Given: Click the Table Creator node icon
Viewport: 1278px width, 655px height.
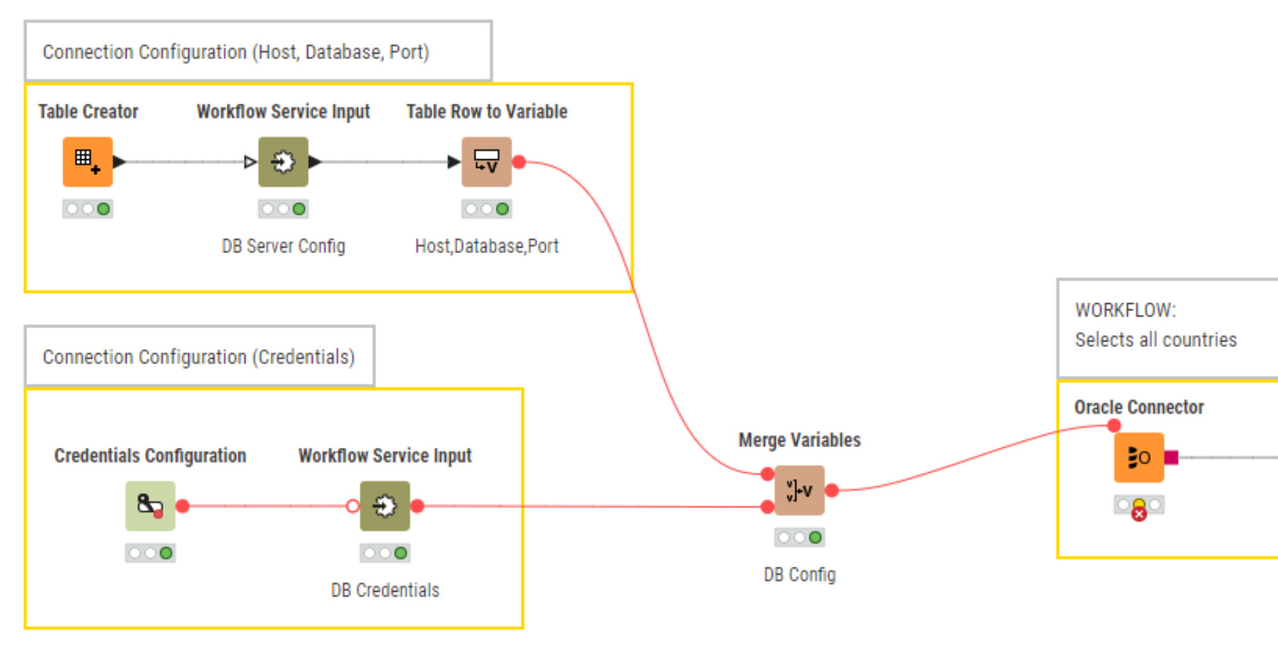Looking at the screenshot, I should [88, 162].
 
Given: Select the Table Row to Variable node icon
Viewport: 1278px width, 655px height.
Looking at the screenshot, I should [487, 162].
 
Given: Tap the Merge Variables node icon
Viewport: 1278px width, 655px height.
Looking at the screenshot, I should [799, 490].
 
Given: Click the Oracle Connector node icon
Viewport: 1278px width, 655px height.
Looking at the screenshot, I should [1138, 458].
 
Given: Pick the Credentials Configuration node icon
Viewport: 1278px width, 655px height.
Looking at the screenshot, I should [150, 506].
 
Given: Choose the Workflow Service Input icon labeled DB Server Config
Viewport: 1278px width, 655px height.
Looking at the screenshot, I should [283, 162].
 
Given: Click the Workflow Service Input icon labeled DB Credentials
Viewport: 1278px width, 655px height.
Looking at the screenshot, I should [385, 506].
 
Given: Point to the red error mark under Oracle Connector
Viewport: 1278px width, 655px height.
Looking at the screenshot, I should [1139, 515].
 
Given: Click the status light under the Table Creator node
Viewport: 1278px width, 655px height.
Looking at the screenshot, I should [88, 209].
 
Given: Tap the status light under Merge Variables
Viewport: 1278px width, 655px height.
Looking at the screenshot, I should [799, 537].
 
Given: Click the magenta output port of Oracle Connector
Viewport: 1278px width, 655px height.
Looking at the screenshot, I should [1172, 458].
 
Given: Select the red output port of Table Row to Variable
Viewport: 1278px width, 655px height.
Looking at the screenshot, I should [519, 162].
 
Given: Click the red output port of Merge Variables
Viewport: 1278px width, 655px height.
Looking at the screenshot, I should [832, 490].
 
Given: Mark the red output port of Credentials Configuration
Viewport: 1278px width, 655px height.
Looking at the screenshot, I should [183, 506].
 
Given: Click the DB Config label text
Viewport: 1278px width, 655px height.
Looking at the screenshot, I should [800, 575].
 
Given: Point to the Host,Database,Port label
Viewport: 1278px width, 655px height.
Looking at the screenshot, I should [487, 246].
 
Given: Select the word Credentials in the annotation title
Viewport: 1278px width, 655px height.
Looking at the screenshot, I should [303, 357].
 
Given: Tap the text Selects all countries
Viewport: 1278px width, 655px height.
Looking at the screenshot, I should [1156, 340].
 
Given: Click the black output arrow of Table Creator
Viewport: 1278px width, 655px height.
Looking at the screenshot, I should [119, 162].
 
